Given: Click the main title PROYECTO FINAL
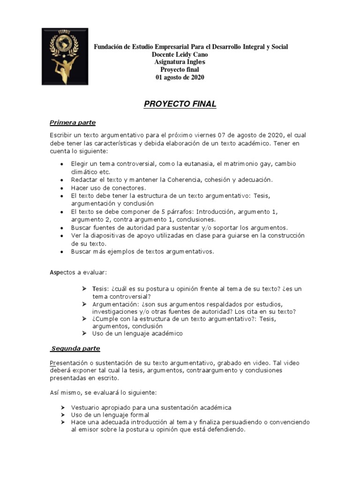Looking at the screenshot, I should coord(180,105).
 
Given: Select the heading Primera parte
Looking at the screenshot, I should coord(73,123).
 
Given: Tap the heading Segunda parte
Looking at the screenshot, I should coord(75,349).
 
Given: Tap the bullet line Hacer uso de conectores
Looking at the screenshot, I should coord(102,188).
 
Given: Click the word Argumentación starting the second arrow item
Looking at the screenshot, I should coord(115,304).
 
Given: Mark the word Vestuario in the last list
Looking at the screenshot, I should coord(87,407).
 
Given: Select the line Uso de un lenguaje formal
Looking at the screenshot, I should coord(110,415).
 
